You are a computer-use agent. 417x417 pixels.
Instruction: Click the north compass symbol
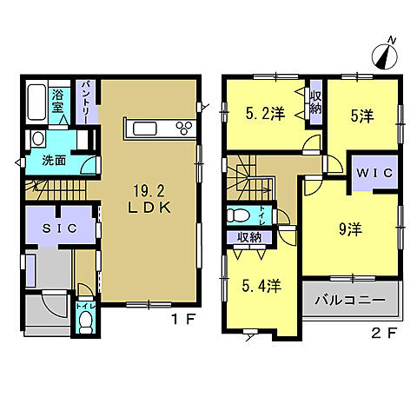[385, 56]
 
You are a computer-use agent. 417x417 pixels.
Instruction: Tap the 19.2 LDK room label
[149, 199]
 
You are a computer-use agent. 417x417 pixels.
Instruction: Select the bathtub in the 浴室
[36, 102]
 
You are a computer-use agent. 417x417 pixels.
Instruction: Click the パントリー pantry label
[88, 102]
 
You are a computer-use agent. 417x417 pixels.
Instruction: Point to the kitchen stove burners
[184, 128]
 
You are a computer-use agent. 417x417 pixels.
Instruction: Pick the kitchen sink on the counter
[145, 129]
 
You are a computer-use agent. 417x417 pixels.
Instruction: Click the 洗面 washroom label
[54, 160]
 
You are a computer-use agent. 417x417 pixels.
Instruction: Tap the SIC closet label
[60, 228]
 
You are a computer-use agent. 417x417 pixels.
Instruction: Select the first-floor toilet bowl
[85, 322]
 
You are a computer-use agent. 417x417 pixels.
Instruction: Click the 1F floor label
[183, 320]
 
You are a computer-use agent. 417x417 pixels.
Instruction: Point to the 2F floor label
[383, 334]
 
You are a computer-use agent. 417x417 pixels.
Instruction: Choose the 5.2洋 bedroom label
[265, 114]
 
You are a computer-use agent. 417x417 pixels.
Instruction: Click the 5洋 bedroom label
[362, 116]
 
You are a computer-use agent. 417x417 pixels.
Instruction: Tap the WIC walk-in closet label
[374, 173]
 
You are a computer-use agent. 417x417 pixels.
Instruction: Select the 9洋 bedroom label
[351, 229]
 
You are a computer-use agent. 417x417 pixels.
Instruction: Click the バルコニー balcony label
[350, 301]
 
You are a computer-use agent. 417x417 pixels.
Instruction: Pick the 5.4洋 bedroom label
[261, 286]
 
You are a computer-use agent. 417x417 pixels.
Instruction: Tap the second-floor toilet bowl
[238, 215]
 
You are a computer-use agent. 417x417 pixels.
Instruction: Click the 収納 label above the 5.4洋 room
[249, 237]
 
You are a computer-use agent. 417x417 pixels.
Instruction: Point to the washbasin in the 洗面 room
[38, 139]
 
